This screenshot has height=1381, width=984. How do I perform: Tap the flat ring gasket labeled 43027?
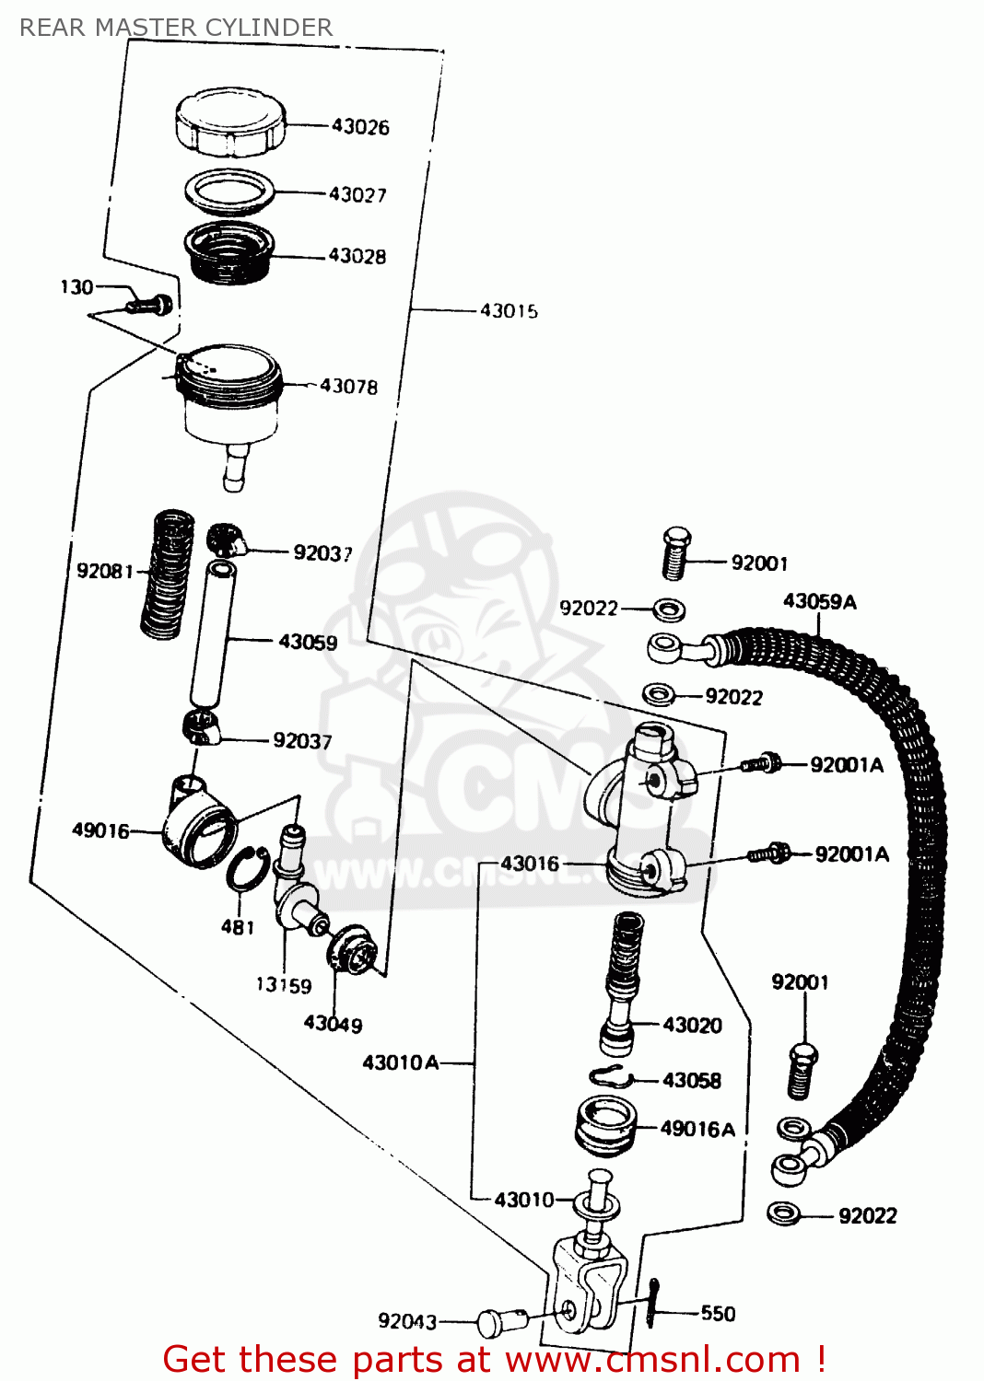click(x=230, y=191)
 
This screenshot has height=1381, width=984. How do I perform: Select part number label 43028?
click(x=357, y=256)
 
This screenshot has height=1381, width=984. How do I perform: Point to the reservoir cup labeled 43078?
click(x=230, y=396)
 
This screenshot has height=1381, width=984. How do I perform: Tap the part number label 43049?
click(x=333, y=1024)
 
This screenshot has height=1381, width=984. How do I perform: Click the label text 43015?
click(x=509, y=311)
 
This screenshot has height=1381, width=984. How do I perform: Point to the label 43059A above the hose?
click(x=819, y=602)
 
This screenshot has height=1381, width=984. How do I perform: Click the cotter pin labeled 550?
click(x=653, y=1302)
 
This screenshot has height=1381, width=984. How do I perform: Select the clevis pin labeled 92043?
click(x=498, y=1323)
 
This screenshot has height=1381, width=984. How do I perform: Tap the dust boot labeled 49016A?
click(x=605, y=1125)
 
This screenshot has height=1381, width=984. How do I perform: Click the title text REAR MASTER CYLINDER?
click(x=176, y=28)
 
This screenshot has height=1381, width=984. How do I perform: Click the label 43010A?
click(x=400, y=1062)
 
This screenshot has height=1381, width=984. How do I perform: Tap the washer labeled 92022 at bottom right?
click(x=783, y=1213)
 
